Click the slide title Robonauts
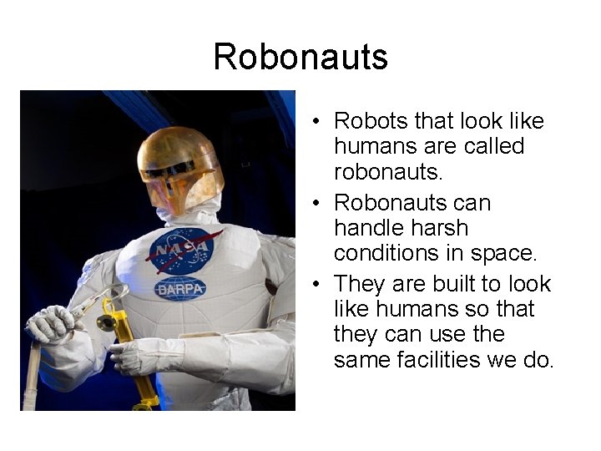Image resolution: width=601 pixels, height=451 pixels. (x=300, y=58)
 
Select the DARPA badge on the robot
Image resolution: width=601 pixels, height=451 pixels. (x=180, y=289)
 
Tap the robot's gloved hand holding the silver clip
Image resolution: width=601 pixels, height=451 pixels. (x=52, y=325)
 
